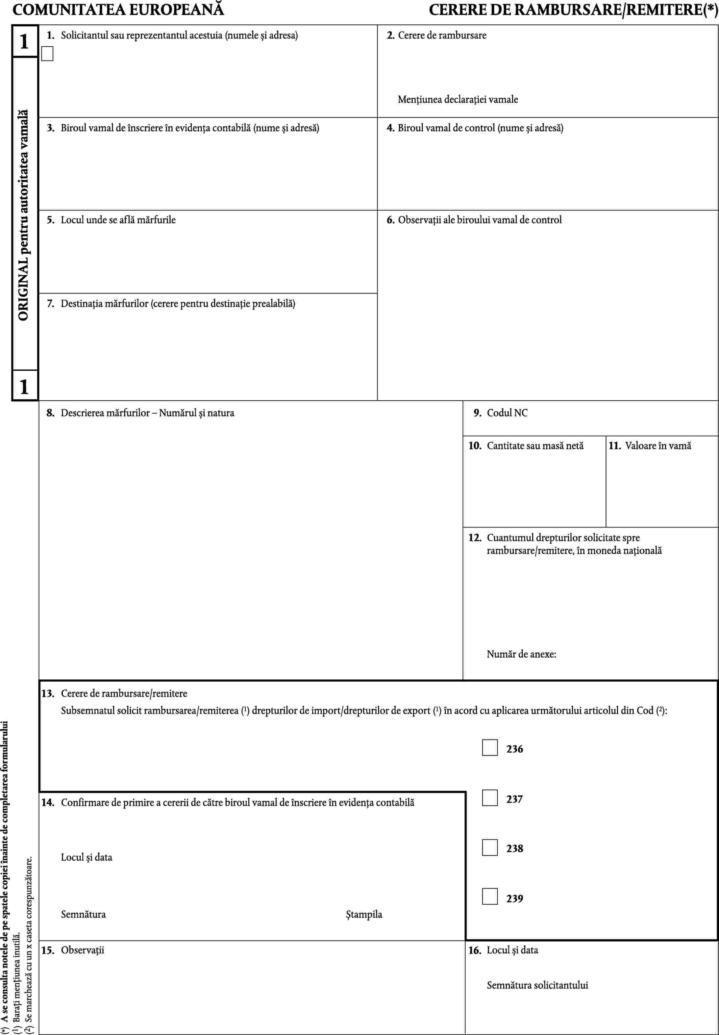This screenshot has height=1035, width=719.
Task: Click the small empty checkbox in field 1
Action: click(x=47, y=54)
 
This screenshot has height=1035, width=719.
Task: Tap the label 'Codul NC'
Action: click(x=507, y=413)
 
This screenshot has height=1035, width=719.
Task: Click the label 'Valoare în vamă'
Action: click(x=658, y=446)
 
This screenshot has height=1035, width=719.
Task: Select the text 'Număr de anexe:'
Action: click(x=521, y=654)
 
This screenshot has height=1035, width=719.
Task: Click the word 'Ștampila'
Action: click(x=364, y=914)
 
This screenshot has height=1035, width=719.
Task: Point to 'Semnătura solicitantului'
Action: click(x=537, y=985)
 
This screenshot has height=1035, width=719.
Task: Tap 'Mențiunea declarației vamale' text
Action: click(x=458, y=99)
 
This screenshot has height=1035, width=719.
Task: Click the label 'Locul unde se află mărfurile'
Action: click(x=118, y=220)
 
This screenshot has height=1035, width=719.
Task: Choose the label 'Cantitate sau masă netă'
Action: click(x=535, y=446)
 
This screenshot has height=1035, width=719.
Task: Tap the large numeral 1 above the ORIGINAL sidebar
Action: click(x=24, y=41)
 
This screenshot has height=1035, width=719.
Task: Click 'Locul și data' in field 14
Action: click(x=87, y=857)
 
